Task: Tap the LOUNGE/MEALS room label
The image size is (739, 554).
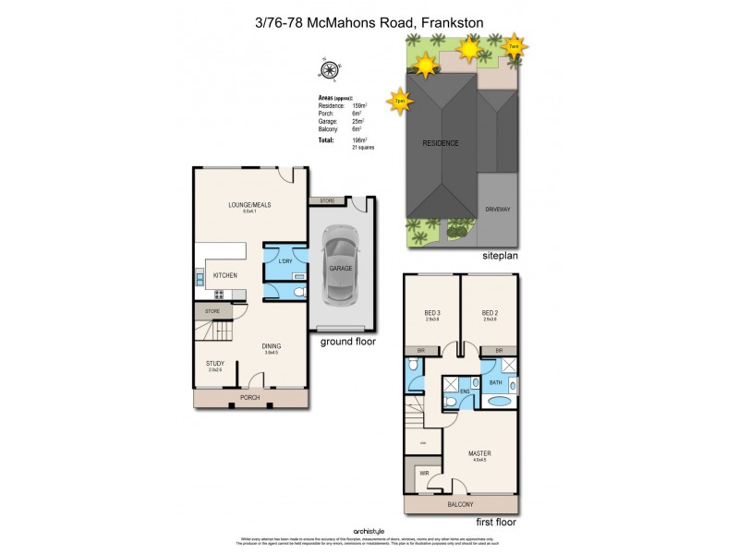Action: click(x=249, y=205)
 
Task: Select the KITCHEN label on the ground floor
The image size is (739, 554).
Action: click(x=225, y=275)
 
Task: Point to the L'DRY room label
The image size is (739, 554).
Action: click(x=284, y=262)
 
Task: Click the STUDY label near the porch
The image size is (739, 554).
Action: click(x=214, y=363)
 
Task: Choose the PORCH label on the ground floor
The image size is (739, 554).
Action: click(x=249, y=398)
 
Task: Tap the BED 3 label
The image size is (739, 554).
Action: click(x=432, y=314)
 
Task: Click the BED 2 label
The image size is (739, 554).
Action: click(x=490, y=314)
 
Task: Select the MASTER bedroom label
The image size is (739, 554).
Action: click(x=479, y=453)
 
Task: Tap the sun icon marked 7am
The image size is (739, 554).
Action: click(x=515, y=45)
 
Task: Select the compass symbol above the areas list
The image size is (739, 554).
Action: click(x=325, y=69)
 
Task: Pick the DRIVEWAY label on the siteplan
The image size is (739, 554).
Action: click(x=498, y=210)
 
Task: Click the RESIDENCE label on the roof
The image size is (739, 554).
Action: click(x=441, y=143)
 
